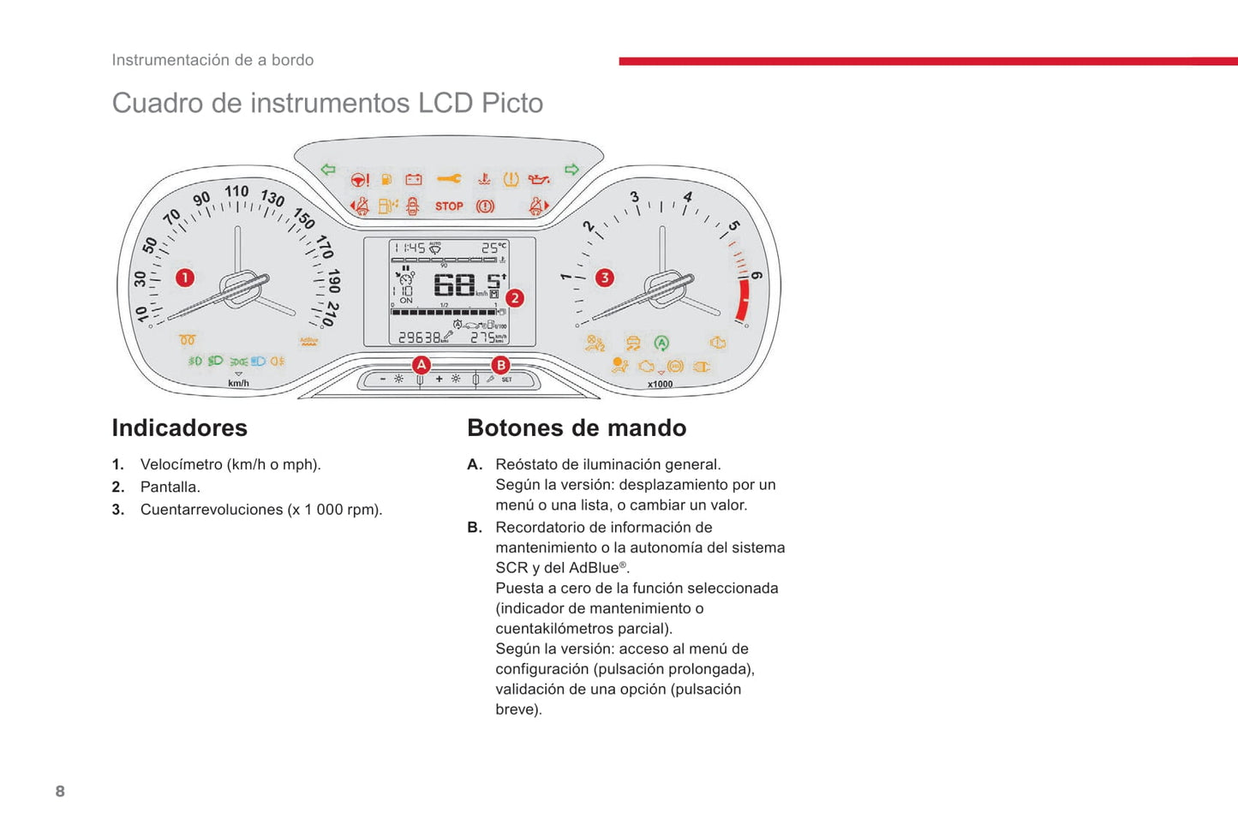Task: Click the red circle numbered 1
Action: point(184,278)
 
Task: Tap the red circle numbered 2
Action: point(514,298)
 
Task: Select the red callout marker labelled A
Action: point(421,365)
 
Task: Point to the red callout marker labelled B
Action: point(500,365)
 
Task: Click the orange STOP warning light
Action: point(449,206)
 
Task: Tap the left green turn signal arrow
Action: point(328,170)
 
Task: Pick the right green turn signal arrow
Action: point(571,170)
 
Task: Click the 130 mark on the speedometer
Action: point(272,198)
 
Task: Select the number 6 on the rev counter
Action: point(756,275)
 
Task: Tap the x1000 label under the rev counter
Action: point(660,385)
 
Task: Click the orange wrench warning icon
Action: point(449,178)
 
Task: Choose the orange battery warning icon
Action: point(414,179)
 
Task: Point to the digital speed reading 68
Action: point(454,284)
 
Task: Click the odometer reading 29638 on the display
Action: point(420,338)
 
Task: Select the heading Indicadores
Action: point(180,427)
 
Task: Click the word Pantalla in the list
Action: point(170,487)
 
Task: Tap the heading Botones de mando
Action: point(577,427)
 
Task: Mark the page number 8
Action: point(60,791)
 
